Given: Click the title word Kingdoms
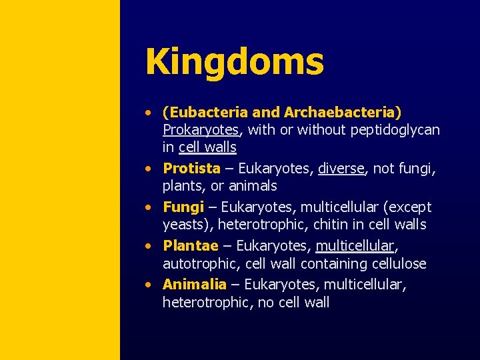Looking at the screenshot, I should [234, 61].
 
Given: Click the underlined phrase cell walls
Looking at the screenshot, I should [207, 147].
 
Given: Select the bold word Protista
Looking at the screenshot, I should [191, 168].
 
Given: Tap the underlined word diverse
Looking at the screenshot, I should [341, 168].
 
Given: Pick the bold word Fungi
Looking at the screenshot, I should [183, 207].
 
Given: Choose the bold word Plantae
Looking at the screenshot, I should [190, 246].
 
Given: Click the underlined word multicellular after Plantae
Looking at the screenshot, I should [355, 246].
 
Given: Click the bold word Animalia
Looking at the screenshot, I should [194, 285].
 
